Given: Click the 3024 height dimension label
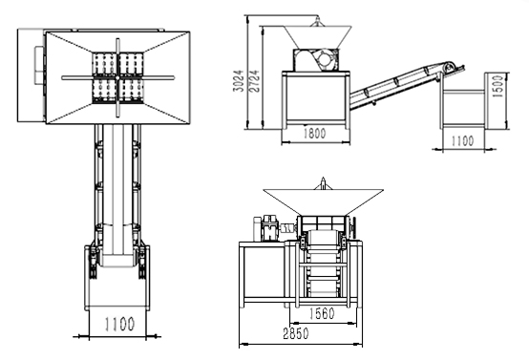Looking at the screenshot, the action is (239, 80).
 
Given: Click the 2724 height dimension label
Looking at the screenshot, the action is (254, 81).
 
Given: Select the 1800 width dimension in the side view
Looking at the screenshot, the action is (315, 134).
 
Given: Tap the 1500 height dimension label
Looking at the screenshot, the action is (497, 86).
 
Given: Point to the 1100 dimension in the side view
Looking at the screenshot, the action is (462, 140).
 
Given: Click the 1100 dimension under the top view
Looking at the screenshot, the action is (119, 324).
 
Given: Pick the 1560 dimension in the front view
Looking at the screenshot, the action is (322, 313).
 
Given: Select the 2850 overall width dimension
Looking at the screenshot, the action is (296, 333).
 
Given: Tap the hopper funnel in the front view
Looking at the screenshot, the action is (323, 201).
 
